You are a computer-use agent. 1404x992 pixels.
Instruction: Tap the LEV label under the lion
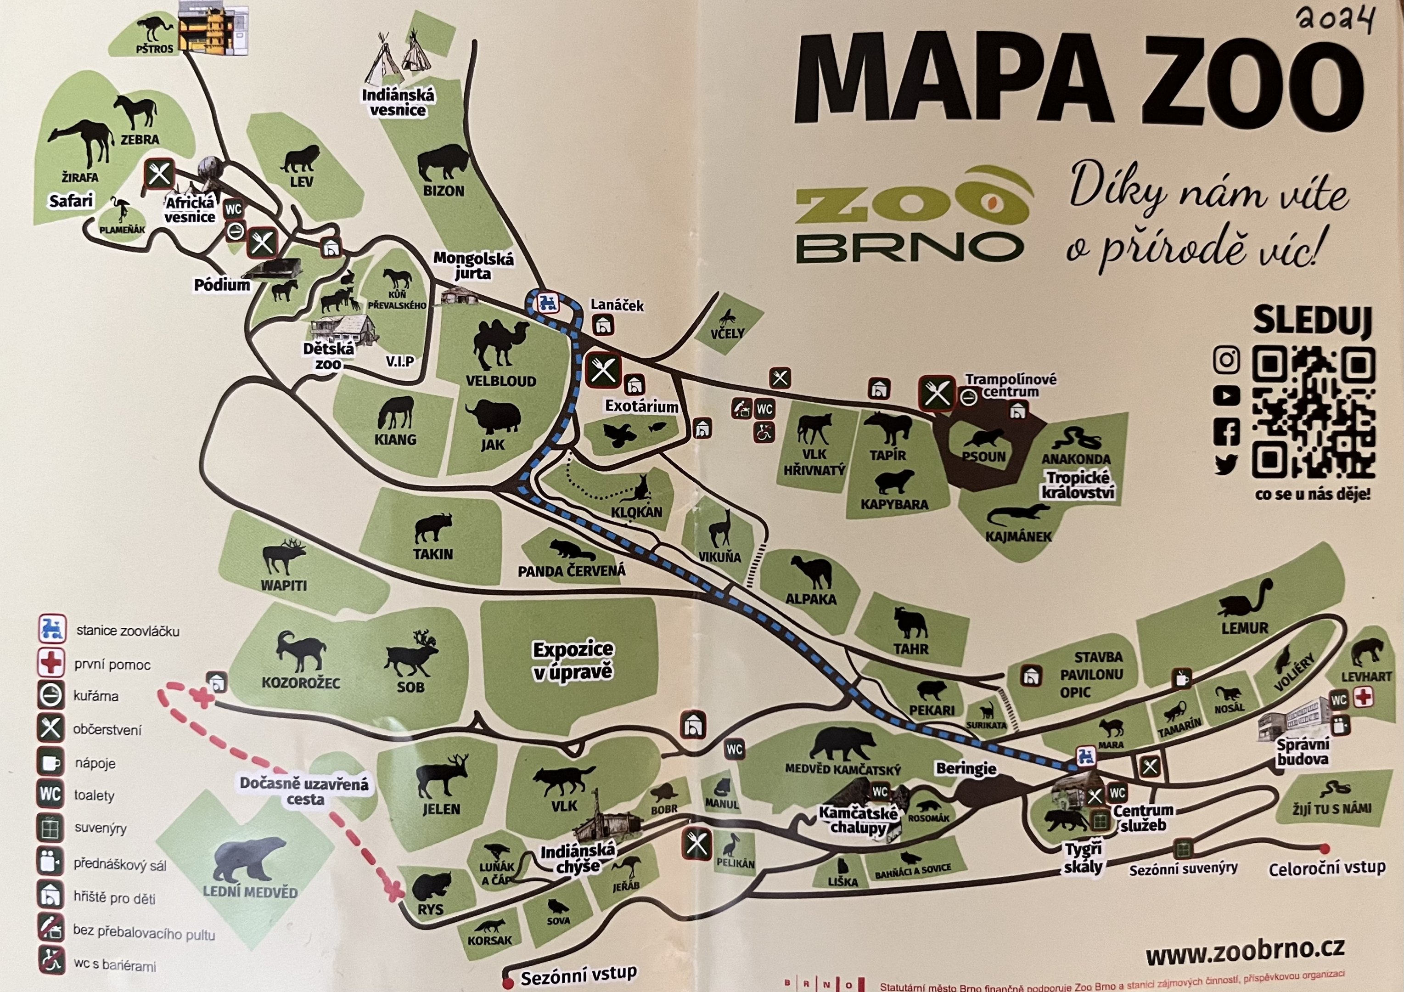(x=302, y=182)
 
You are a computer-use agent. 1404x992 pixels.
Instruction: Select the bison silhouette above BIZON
(x=442, y=163)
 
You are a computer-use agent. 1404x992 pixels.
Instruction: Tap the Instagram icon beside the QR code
(x=1225, y=360)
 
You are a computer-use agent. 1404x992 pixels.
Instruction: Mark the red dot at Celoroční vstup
(x=1325, y=849)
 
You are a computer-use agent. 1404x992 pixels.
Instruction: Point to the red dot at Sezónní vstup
(x=507, y=983)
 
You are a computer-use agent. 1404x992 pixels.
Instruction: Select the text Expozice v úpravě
(x=573, y=660)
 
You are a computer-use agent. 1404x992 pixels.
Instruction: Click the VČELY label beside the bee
(x=727, y=334)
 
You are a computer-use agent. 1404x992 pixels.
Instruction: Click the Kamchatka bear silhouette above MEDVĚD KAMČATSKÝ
(x=842, y=744)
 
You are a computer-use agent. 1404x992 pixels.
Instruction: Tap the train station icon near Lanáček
(x=546, y=302)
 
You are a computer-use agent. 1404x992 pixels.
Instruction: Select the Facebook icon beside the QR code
(x=1225, y=432)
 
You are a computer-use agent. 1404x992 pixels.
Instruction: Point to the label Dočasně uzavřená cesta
(x=304, y=791)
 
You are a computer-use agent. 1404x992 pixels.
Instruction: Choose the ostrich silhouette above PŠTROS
(x=156, y=29)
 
